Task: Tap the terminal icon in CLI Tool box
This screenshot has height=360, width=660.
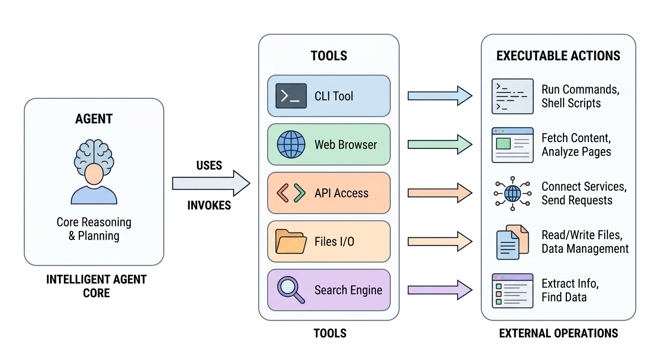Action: (x=291, y=96)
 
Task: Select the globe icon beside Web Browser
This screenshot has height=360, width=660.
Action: (x=291, y=144)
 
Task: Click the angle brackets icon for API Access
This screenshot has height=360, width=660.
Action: (x=291, y=193)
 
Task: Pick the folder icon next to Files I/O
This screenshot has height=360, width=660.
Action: (x=291, y=241)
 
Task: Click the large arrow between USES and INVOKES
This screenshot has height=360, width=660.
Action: (x=210, y=183)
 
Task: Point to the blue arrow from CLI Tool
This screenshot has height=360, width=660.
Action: (x=439, y=96)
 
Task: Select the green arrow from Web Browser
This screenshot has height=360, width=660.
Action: (x=439, y=144)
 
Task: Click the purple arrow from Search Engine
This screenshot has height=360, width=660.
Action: (x=439, y=290)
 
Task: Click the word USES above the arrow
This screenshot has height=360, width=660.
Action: (x=209, y=165)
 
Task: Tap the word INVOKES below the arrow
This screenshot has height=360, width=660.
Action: (x=209, y=205)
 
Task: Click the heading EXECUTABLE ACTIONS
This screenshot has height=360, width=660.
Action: (x=558, y=56)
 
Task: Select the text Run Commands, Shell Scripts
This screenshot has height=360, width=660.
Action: (x=580, y=96)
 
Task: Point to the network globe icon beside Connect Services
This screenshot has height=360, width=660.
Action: (x=512, y=193)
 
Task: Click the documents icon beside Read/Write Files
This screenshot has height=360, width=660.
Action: (x=512, y=242)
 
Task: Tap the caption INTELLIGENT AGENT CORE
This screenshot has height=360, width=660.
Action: (x=96, y=286)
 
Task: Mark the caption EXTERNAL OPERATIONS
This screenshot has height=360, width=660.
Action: (x=558, y=333)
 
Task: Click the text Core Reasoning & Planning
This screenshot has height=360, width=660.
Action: (x=94, y=229)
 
